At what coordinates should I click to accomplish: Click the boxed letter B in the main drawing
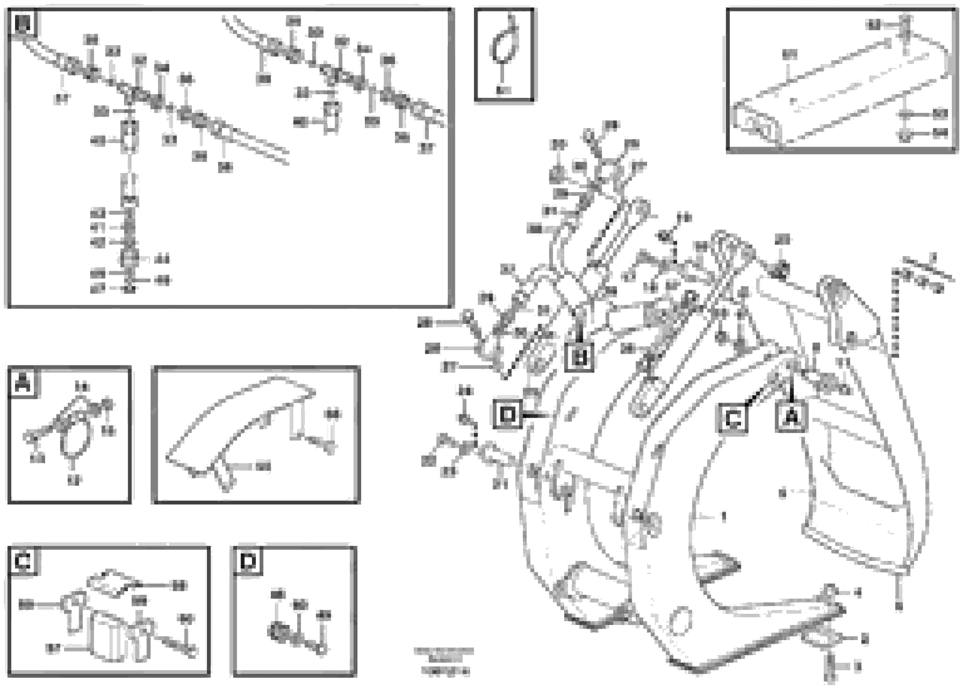(579, 357)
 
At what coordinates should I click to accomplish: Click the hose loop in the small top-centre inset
(504, 45)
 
